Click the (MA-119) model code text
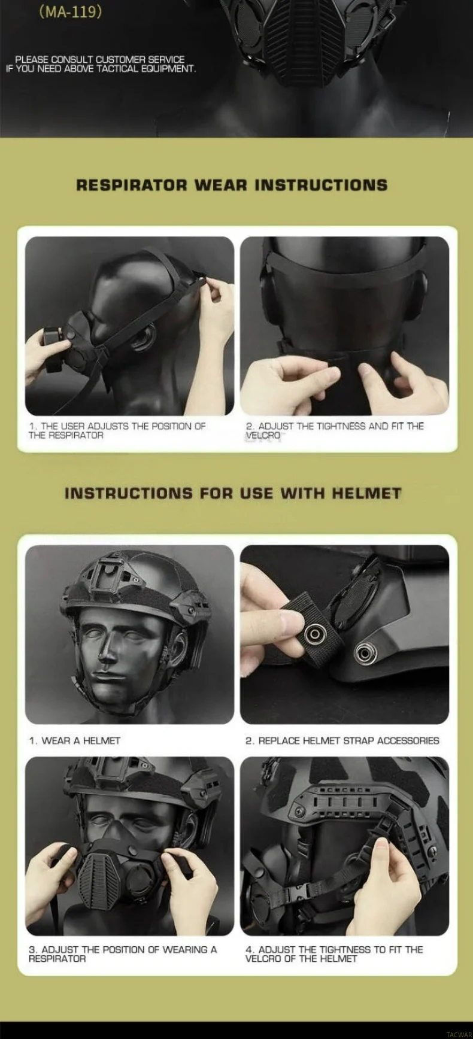click(x=70, y=12)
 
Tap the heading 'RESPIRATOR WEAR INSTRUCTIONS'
click(x=232, y=185)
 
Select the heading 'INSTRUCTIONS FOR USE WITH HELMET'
click(x=233, y=493)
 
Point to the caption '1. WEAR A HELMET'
click(x=75, y=740)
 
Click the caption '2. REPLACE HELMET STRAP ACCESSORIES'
click(x=342, y=740)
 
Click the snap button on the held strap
click(x=313, y=633)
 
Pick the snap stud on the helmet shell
click(x=363, y=652)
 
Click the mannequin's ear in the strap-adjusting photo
click(x=142, y=335)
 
